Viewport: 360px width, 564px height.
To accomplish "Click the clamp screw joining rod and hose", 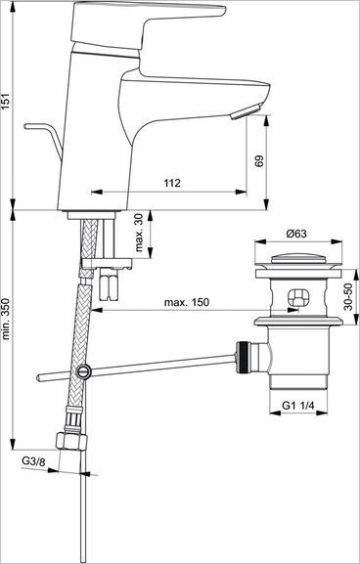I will pos(83,371).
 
